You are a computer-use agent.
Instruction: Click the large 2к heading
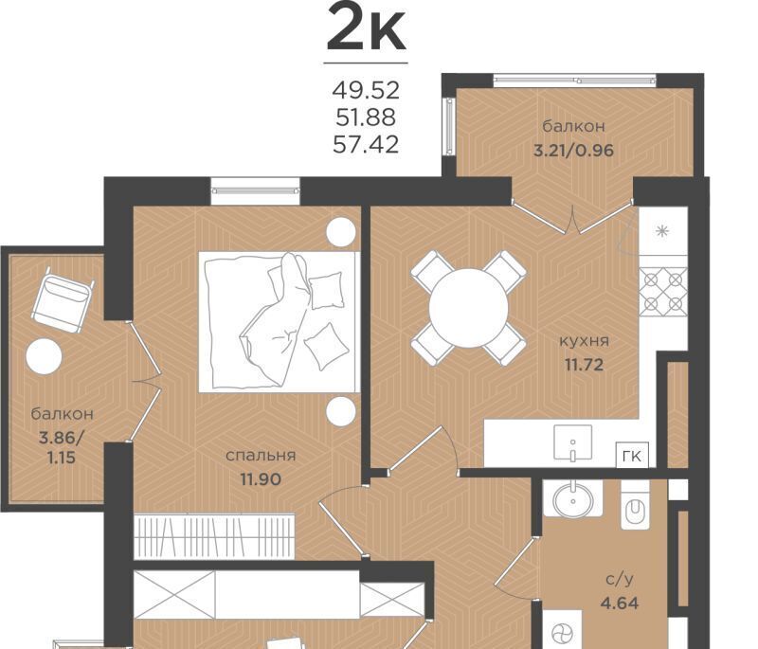(x=366, y=28)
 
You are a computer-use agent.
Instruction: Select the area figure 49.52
(x=366, y=90)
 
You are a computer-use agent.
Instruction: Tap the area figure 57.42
(x=366, y=144)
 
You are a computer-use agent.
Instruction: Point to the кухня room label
(x=584, y=341)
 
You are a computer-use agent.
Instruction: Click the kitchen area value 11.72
(x=584, y=365)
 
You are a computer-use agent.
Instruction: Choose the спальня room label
(x=261, y=456)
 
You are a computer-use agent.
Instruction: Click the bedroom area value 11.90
(x=261, y=478)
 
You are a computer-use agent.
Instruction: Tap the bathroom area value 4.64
(x=620, y=603)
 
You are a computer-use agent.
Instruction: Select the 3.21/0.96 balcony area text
(x=573, y=151)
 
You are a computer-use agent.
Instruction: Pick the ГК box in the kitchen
(x=632, y=455)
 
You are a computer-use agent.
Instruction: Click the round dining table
(x=468, y=308)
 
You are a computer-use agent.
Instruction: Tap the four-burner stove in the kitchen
(x=663, y=292)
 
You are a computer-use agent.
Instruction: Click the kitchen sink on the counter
(x=573, y=442)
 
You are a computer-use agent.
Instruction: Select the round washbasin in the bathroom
(x=573, y=498)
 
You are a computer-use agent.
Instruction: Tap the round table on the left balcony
(x=44, y=356)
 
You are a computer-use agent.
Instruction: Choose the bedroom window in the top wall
(x=255, y=190)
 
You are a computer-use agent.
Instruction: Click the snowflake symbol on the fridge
(x=661, y=231)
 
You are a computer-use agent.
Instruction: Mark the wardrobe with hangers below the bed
(x=215, y=536)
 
